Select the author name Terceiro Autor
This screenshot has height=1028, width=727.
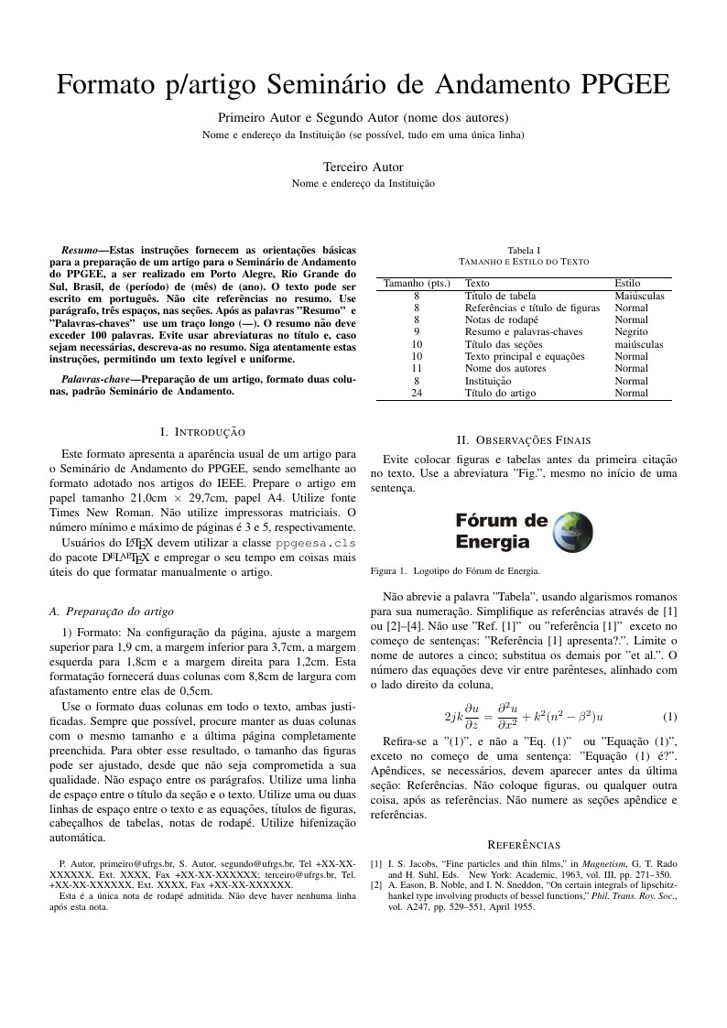click(x=363, y=167)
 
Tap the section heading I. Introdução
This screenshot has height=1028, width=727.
click(x=202, y=430)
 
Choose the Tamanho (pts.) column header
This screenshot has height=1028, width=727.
click(x=416, y=284)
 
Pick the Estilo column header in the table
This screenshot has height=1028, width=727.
click(x=627, y=284)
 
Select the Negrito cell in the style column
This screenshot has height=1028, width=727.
click(x=632, y=332)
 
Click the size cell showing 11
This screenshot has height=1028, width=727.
click(x=416, y=368)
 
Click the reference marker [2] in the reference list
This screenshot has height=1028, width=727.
click(x=376, y=885)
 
